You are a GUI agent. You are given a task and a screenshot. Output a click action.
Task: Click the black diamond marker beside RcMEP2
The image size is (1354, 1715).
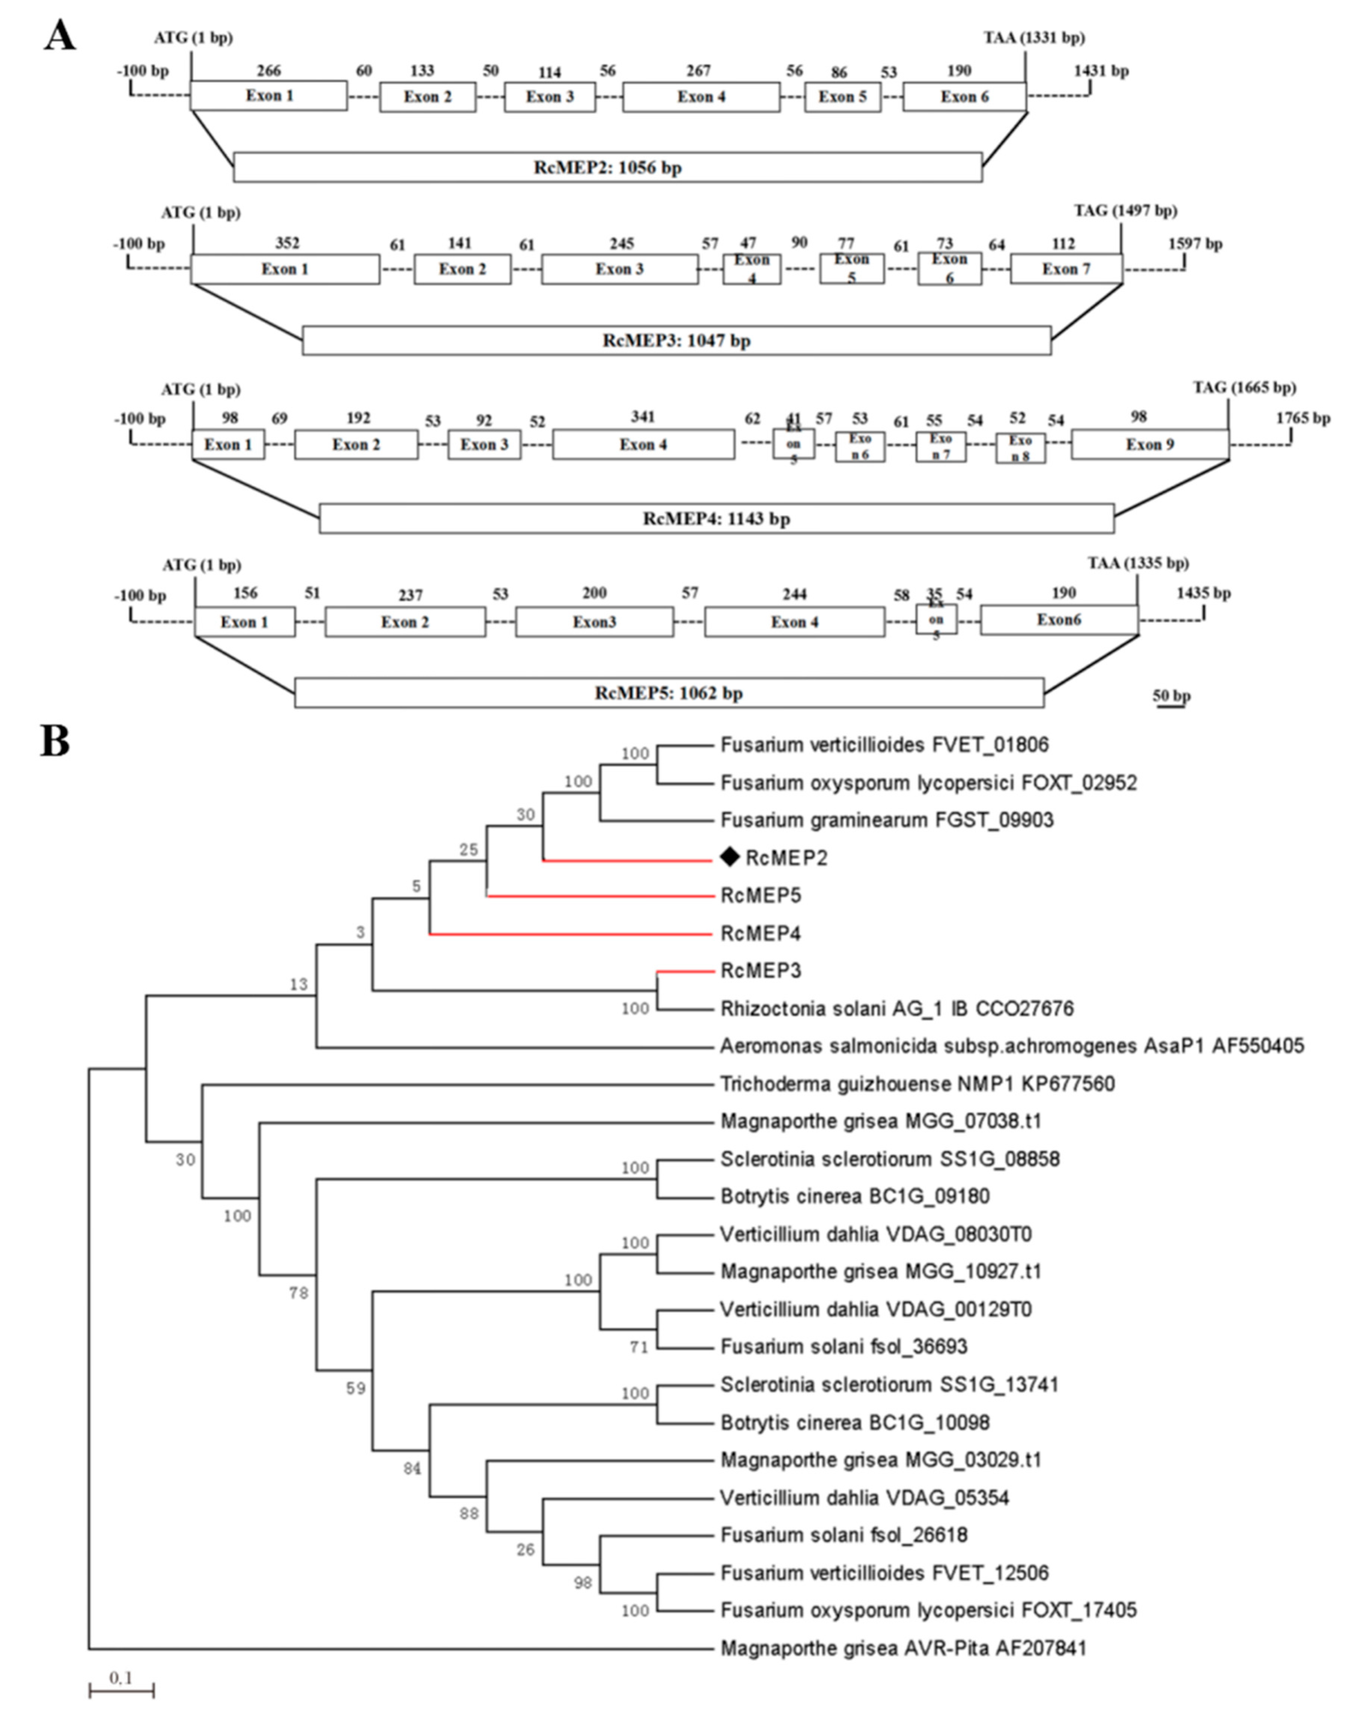coord(728,857)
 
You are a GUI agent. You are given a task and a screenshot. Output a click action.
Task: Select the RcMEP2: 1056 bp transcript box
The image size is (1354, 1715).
coord(607,167)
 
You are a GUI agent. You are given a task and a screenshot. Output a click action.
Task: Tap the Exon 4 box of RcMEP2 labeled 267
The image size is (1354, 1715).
coord(701,97)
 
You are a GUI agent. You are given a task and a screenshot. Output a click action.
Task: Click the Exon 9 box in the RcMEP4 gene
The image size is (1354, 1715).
coord(1150,445)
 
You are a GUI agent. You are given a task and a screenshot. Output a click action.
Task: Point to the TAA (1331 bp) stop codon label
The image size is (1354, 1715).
coord(1034,37)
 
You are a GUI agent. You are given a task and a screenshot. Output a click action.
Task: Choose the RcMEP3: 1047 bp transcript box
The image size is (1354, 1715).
coord(676,341)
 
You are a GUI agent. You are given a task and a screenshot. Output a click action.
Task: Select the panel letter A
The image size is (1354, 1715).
coord(60,36)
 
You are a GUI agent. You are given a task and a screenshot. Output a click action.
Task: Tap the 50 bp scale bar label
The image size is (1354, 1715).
coord(1171,696)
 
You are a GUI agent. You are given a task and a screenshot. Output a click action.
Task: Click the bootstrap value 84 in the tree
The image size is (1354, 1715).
coord(411,1468)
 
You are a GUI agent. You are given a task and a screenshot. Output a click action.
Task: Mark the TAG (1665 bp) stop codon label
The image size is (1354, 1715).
coord(1244,387)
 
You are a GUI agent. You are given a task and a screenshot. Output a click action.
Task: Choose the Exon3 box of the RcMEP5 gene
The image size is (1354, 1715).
coord(594,622)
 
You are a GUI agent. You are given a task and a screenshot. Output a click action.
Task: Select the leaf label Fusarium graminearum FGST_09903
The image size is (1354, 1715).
coord(886,819)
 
